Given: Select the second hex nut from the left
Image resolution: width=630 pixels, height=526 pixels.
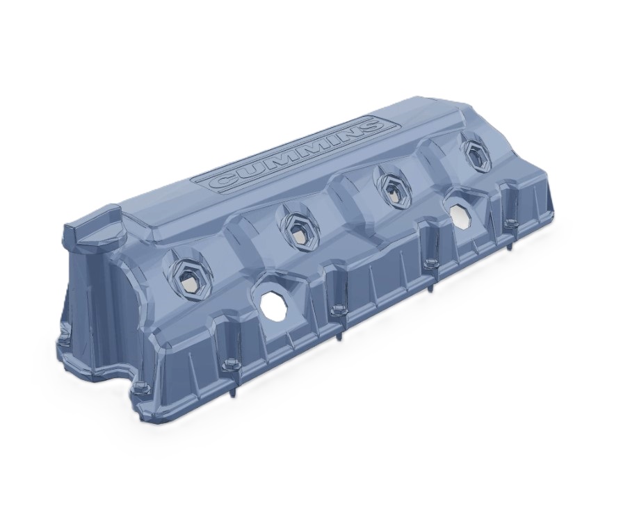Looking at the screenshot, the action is point(298,231).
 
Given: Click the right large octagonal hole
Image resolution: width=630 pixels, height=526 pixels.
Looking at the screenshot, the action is point(461,215).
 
